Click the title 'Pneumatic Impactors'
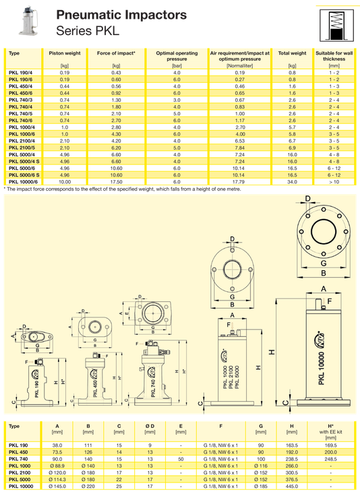tap(121, 15)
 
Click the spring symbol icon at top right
tap(336, 26)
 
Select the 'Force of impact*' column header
tap(116, 53)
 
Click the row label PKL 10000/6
tap(23, 182)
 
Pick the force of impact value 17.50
tap(116, 182)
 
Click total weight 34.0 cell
tap(292, 182)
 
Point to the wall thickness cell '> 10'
tap(334, 182)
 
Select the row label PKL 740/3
tap(21, 100)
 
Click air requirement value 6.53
tap(240, 141)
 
